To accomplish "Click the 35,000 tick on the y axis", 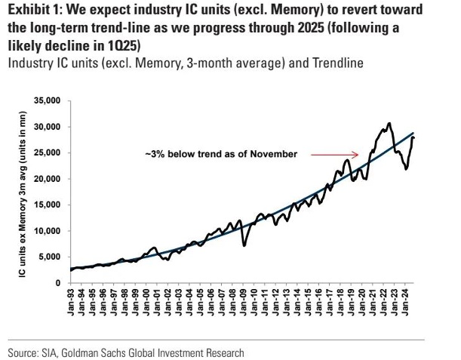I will point(50,100).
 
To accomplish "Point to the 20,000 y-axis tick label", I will point(50,179).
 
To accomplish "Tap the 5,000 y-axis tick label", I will point(53,257).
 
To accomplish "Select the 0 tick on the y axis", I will point(60,283).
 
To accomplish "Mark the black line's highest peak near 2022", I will point(389,123).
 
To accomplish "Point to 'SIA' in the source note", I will point(53,352).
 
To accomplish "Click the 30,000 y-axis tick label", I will point(50,127).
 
